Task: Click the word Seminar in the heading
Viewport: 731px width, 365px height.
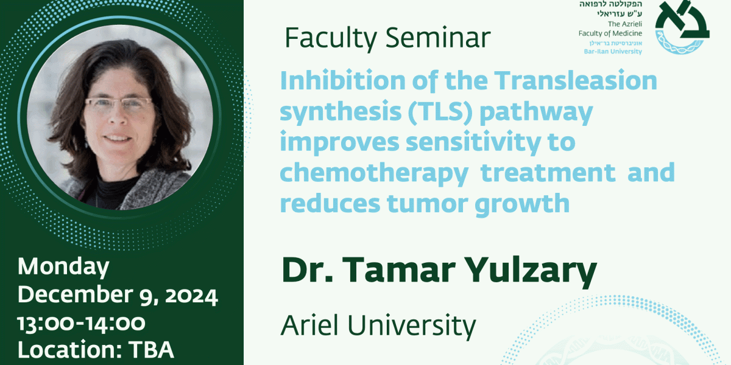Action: pos(438,38)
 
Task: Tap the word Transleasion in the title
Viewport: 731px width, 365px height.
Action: pos(576,80)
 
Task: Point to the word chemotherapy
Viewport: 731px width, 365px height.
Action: pos(374,173)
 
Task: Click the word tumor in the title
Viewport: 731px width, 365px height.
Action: pos(427,203)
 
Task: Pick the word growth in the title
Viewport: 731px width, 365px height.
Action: pos(522,204)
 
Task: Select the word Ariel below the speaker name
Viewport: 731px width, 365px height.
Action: pos(309,325)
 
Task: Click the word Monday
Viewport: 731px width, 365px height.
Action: pos(63,267)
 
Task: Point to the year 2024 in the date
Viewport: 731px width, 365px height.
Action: pos(191,296)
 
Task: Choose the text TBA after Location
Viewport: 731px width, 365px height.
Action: pos(151,350)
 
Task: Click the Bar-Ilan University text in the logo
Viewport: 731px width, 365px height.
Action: pos(613,52)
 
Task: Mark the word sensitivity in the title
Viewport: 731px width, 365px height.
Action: pos(473,143)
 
